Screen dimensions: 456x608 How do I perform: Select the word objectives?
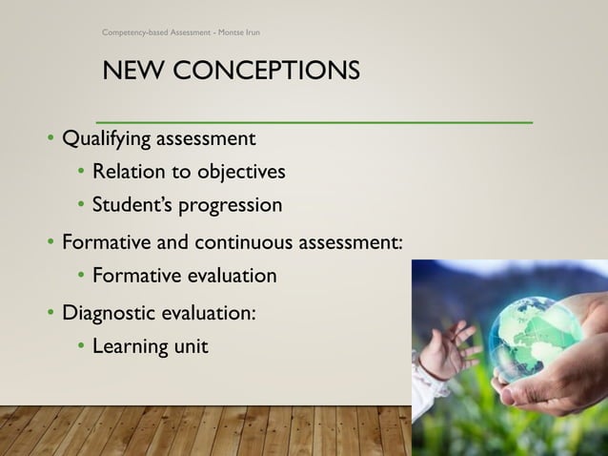241,173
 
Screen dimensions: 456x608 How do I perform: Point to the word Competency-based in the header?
136,32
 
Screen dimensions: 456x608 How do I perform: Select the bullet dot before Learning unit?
82,345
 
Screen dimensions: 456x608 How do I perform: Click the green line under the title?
314,122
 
